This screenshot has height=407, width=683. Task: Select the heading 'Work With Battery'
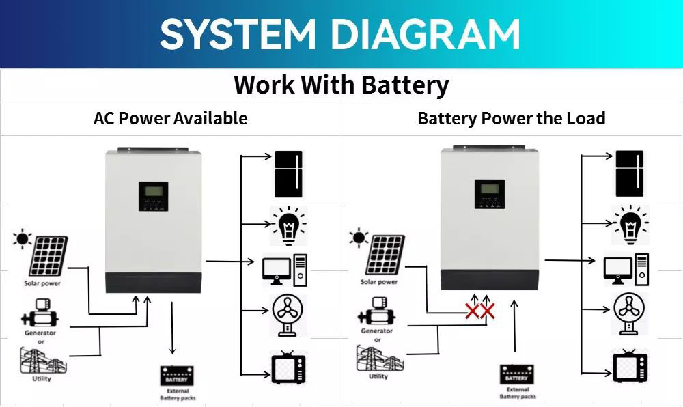(x=341, y=85)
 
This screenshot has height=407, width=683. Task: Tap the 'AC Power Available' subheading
(x=170, y=118)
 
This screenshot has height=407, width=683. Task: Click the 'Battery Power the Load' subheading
(x=512, y=118)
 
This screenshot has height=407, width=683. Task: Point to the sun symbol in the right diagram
(x=358, y=238)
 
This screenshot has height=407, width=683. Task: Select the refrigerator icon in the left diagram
(x=288, y=174)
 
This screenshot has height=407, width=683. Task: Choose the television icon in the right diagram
(x=629, y=367)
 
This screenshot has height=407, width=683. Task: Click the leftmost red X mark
(x=471, y=312)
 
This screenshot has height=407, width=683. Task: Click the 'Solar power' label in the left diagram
(x=42, y=283)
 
